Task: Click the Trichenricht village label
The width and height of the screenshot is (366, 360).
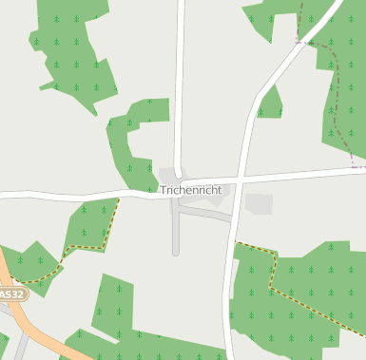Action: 191,190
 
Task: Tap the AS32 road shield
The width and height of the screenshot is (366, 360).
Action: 11,294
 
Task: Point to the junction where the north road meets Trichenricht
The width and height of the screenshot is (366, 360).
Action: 178,182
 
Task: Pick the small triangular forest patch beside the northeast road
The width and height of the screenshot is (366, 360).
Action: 270,104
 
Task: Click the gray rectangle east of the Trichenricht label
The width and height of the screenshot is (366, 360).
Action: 259,203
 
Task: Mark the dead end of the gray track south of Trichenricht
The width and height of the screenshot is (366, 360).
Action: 176,254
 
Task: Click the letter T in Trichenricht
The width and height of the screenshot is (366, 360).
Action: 164,190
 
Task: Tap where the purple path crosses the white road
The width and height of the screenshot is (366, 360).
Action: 299,42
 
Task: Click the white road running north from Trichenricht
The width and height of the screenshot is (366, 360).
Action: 180,85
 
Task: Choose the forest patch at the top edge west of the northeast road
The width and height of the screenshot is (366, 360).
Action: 271,19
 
